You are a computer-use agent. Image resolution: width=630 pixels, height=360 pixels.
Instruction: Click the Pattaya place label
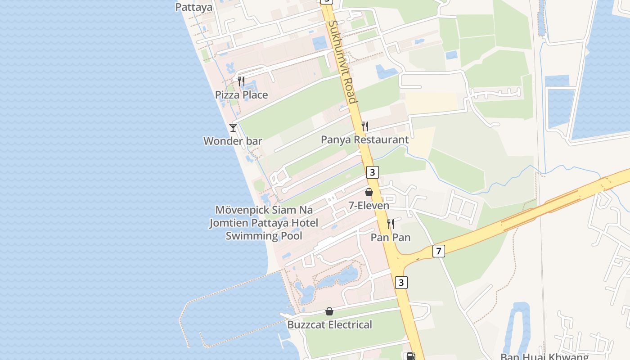193,7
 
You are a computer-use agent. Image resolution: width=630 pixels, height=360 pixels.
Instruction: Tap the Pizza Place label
241,95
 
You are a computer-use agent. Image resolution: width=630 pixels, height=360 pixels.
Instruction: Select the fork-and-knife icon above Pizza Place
241,81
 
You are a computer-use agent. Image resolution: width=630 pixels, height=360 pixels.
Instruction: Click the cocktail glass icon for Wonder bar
233,128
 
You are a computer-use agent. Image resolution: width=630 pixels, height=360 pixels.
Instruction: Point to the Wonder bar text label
233,141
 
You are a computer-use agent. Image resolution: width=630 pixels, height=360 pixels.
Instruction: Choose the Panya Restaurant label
364,140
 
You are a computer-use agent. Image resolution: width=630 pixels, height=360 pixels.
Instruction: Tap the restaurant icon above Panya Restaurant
365,126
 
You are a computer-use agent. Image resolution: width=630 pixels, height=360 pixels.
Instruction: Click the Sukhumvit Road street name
343,61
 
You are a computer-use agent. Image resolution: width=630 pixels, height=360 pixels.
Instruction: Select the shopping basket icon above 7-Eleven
369,192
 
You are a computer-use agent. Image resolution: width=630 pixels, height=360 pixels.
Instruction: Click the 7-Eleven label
369,206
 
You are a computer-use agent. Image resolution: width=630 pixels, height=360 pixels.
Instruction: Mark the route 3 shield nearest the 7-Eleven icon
372,172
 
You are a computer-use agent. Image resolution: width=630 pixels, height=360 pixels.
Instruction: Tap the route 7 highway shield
439,251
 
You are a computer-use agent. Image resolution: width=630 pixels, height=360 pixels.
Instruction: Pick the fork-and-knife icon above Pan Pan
391,224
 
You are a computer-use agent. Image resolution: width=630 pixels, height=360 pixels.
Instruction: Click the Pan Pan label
391,237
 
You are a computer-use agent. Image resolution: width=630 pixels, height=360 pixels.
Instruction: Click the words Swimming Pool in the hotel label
264,236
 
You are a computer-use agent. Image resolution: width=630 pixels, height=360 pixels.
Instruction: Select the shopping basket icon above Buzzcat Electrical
329,311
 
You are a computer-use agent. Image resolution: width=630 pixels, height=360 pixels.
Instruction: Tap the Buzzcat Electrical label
330,325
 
